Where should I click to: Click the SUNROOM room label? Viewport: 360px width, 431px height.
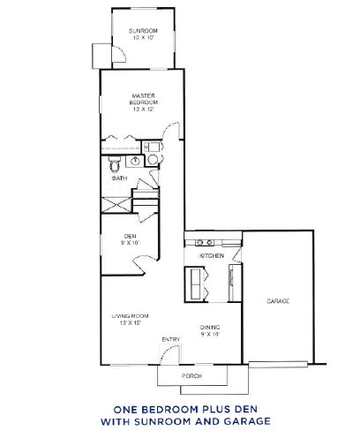click(x=143, y=31)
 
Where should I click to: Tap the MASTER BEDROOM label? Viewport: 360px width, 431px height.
click(x=144, y=99)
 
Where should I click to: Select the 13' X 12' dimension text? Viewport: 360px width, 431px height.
click(x=144, y=110)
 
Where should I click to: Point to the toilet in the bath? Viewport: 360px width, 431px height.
click(x=115, y=164)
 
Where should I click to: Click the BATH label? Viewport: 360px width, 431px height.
click(x=120, y=178)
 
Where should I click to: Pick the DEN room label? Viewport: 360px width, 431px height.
click(x=130, y=237)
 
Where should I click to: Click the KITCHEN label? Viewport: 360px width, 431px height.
click(x=212, y=256)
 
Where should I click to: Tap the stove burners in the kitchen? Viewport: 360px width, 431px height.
click(x=205, y=243)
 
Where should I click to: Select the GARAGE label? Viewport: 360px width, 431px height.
click(x=278, y=301)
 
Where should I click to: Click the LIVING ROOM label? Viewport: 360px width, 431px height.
click(x=130, y=316)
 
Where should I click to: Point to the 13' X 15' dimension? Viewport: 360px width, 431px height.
click(x=131, y=323)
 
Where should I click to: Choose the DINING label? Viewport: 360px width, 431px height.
click(x=210, y=328)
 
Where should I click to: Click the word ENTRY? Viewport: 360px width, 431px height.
click(x=171, y=340)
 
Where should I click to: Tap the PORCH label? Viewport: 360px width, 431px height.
click(x=191, y=376)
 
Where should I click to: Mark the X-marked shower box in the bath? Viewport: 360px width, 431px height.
click(x=116, y=205)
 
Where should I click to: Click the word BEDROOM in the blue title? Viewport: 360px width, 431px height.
click(x=176, y=410)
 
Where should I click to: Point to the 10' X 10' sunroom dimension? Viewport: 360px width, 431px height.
click(x=144, y=38)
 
